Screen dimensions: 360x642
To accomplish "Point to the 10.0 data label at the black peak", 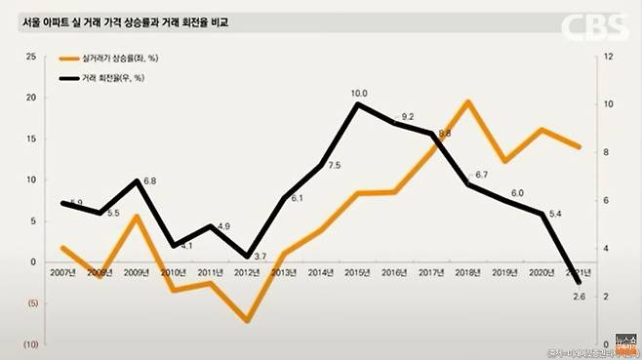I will coord(359,94).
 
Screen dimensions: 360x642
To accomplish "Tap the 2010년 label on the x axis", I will coord(174,272).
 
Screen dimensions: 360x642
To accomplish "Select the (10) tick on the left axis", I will coord(30,344).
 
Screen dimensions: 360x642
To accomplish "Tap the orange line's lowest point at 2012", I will coord(248,320).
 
